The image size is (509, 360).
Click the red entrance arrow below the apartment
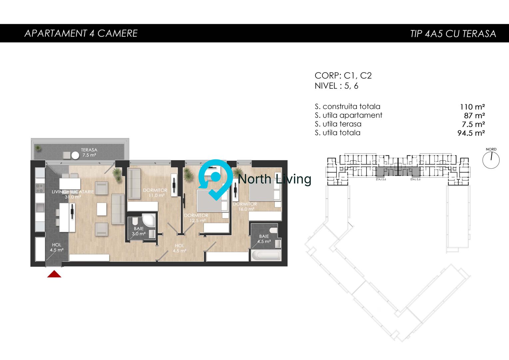[54, 274]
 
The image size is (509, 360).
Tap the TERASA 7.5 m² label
[89, 153]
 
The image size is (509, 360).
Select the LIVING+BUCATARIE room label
[73, 194]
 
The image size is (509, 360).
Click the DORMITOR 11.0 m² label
[155, 193]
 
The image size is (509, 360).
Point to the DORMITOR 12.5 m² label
[196, 218]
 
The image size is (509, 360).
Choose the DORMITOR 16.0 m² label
[245, 207]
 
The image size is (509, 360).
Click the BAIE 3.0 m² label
[139, 231]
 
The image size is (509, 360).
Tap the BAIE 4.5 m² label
[264, 239]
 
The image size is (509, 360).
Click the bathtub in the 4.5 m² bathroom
[266, 256]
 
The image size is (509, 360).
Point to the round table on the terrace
[75, 155]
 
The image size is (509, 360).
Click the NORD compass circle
[491, 160]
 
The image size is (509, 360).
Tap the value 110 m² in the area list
[472, 107]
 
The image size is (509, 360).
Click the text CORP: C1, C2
[343, 76]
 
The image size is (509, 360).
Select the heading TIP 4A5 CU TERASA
[453, 34]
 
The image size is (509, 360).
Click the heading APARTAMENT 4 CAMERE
[81, 33]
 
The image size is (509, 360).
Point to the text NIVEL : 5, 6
[336, 86]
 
